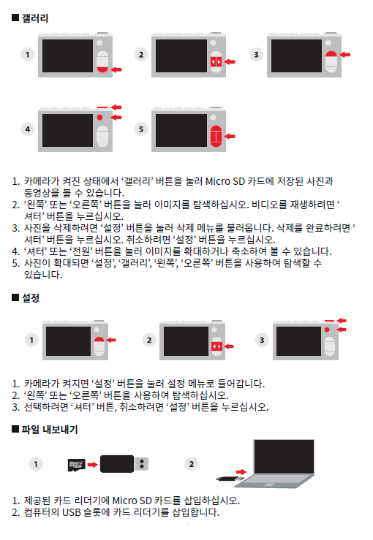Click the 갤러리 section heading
35,18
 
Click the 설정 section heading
31,298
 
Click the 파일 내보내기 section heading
50,430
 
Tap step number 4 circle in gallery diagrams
28,129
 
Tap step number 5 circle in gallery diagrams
141,129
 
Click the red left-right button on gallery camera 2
216,61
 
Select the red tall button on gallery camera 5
216,136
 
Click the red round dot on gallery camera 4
99,118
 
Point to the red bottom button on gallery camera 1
102,69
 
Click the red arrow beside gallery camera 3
345,54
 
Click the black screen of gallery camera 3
296,56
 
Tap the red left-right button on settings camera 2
216,346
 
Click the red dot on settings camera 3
327,330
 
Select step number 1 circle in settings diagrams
31,340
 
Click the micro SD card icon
77,465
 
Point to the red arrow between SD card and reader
93,465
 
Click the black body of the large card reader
117,464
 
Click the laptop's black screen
284,457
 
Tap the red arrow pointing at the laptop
241,472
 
